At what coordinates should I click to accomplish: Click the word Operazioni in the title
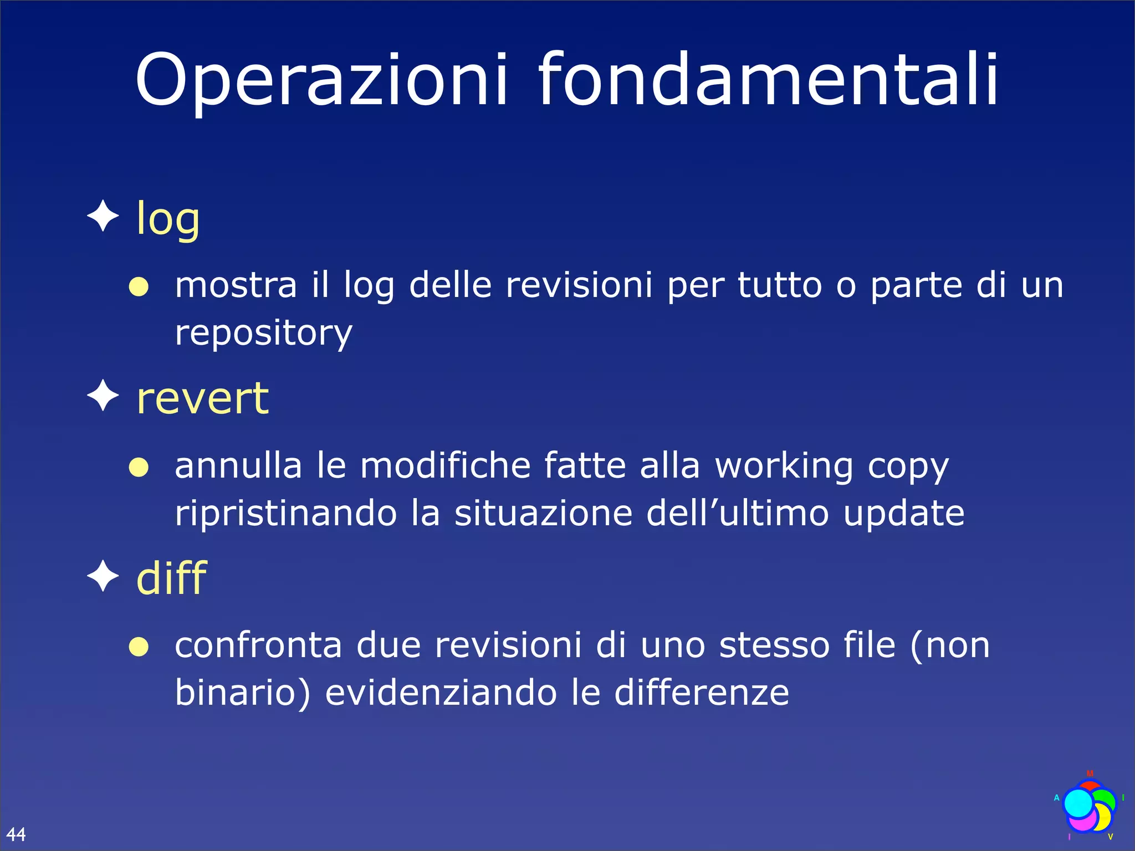321,80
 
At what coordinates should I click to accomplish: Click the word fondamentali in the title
768,80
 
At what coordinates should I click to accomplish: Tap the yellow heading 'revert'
203,398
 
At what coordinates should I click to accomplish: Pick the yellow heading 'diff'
171,578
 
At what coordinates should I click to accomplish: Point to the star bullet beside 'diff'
103,576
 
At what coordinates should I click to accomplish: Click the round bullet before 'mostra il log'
139,287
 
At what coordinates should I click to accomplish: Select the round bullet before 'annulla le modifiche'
139,467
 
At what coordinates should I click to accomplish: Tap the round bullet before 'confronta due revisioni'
139,647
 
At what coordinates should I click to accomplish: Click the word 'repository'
263,334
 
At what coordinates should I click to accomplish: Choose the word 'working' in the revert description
784,466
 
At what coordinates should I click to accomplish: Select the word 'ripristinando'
286,514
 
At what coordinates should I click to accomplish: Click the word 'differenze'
702,693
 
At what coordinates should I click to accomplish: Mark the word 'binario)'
243,694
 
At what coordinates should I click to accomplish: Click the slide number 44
16,834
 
